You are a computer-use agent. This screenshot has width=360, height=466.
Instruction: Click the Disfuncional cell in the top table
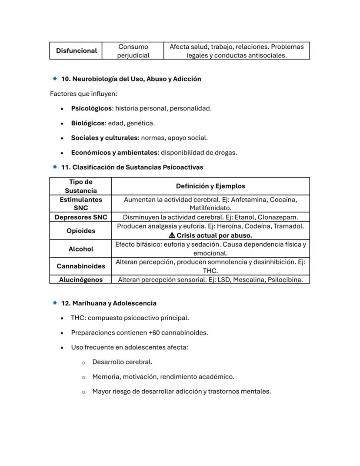click(x=76, y=51)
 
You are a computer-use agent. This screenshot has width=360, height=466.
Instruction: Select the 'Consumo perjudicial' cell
click(x=133, y=51)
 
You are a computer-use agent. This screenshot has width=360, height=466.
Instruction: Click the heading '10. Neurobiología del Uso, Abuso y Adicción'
click(x=131, y=79)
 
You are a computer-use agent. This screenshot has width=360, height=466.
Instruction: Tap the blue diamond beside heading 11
click(x=55, y=167)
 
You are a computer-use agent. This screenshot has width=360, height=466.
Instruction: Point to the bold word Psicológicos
click(x=91, y=108)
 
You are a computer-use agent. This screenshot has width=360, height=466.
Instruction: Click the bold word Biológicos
click(x=88, y=123)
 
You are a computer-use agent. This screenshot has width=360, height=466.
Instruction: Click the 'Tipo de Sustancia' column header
click(x=81, y=186)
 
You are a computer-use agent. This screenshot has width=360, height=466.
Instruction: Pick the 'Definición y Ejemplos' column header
click(x=210, y=186)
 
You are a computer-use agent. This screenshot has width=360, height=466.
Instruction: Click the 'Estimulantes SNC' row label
click(x=81, y=204)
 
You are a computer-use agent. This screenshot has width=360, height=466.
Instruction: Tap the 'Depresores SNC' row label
click(x=81, y=217)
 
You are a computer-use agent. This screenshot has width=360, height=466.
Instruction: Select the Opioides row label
click(x=81, y=231)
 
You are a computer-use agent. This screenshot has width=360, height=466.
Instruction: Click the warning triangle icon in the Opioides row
click(x=172, y=235)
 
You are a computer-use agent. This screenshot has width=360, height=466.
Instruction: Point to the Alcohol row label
click(x=81, y=249)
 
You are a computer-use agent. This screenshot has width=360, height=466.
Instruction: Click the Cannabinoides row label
click(x=81, y=266)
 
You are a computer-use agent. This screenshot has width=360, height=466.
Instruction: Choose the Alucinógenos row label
click(x=81, y=280)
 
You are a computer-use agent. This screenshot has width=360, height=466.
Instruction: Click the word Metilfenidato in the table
click(x=210, y=208)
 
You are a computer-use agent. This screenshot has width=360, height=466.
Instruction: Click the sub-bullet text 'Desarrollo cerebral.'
click(x=122, y=362)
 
